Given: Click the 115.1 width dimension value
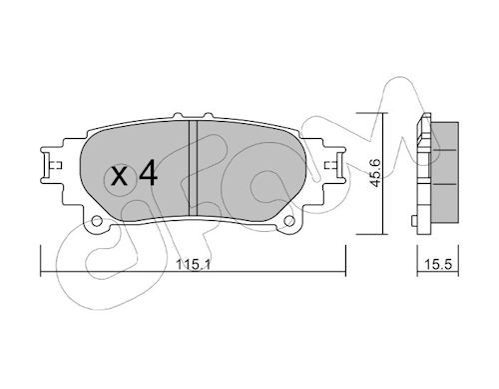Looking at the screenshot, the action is (194, 264).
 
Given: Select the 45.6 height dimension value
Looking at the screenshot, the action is (375, 173).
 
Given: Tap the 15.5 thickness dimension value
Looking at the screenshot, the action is (438, 264).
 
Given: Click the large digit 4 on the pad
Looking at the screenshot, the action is (148, 173).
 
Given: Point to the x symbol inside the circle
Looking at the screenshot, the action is (119, 177).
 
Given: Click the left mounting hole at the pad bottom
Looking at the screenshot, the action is (97, 221).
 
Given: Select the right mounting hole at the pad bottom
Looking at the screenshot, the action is (289, 220).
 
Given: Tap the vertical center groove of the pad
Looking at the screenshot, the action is (193, 168).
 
